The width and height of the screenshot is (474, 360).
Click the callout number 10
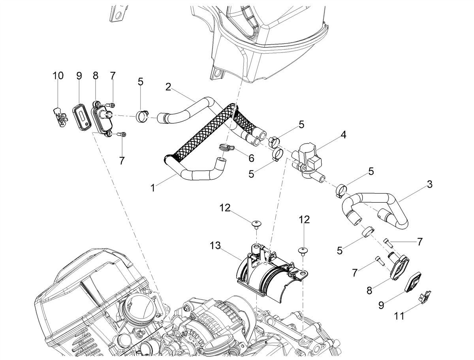pos(58,76)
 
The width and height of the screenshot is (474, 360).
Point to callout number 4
pos(343,135)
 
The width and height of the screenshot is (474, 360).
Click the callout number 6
pos(251,158)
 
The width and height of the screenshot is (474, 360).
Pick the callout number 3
pos(429,184)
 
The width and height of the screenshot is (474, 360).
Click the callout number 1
pos(153,188)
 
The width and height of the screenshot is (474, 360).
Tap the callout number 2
pos(168,87)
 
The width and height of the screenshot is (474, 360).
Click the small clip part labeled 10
pos(61,118)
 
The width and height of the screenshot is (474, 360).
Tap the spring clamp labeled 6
pos(226,148)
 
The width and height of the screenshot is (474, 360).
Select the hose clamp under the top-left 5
pos(142,116)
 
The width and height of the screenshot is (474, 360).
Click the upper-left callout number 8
pos(96,75)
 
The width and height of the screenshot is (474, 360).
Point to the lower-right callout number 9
pos(381,305)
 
